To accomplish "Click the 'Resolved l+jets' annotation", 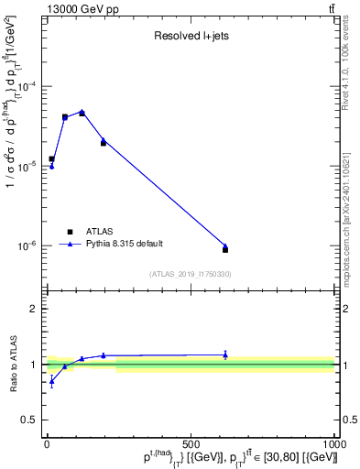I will [190, 38].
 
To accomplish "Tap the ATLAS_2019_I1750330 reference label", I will [190, 274].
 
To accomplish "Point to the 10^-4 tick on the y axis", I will [29, 87].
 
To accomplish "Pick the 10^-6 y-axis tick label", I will [29, 245].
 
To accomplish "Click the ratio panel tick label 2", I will [33, 309].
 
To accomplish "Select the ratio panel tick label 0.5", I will [30, 420].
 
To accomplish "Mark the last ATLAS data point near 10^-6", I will [225, 249].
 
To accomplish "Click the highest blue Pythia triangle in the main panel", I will [82, 112].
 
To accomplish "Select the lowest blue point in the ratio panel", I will [52, 381].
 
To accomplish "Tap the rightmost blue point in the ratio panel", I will [225, 354].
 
